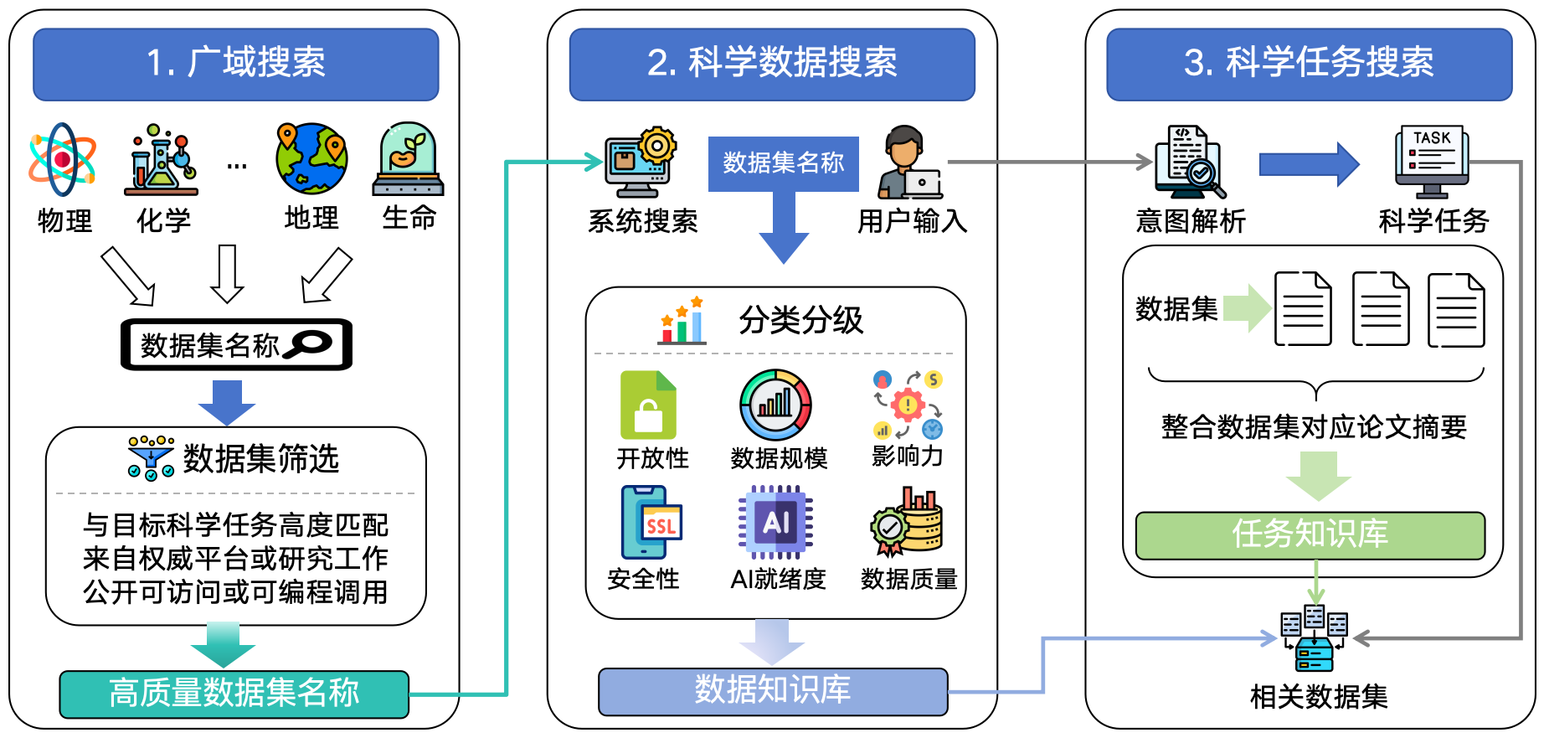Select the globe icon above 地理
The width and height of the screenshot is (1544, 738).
coord(311,158)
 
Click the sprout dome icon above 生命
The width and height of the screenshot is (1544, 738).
coord(409,159)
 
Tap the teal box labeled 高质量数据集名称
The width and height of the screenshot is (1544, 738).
coord(234,694)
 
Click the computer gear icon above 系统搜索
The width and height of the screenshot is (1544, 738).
coord(641,163)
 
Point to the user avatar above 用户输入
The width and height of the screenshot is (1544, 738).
coord(909,163)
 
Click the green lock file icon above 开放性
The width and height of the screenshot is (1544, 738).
coord(648,405)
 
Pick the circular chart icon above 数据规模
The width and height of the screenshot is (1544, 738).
coord(775,405)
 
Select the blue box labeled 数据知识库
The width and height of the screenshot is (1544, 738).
coord(773,691)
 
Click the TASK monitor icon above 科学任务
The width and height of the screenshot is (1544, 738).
coord(1432,162)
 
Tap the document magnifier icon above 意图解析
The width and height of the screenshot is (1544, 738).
coord(1188,162)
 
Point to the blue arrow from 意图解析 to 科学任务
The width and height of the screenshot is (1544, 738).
coord(1309,164)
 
